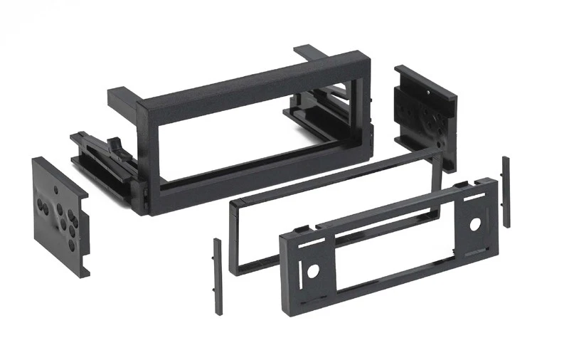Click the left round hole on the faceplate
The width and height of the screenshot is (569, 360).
click(x=311, y=271)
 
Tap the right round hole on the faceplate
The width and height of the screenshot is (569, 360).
click(x=474, y=223)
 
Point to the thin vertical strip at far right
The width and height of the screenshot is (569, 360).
click(x=506, y=192)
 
